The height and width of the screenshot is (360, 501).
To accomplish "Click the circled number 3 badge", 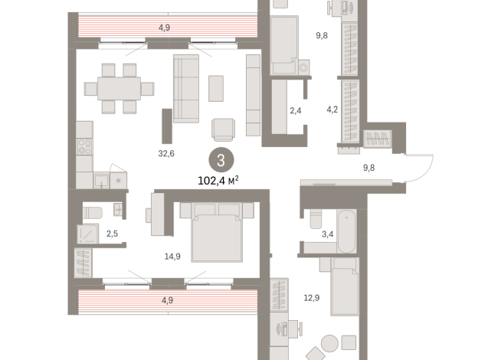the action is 221,160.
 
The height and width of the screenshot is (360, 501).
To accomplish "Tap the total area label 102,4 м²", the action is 218,181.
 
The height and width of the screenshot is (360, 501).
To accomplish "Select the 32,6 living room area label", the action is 166,154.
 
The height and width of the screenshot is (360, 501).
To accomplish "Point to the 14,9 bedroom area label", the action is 172,256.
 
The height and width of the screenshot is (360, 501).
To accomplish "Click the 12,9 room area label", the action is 311,298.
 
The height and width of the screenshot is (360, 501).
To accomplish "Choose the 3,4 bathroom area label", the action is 327,234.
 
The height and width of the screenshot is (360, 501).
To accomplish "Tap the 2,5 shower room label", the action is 112,234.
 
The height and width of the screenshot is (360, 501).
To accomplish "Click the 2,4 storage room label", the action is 295,111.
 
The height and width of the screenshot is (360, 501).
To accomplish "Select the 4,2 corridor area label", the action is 332,110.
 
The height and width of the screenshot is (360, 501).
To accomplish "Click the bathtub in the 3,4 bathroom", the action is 347,231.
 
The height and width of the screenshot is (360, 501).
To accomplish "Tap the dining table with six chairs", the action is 120,89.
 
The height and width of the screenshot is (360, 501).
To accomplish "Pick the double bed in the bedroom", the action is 217,233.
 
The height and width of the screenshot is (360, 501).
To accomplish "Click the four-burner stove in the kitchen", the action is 85,146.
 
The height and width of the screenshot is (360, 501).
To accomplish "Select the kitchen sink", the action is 102,181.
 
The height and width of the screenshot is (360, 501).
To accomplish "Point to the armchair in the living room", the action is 224,129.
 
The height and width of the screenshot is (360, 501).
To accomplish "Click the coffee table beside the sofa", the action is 216,89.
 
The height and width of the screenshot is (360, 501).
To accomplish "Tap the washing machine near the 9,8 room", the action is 304,67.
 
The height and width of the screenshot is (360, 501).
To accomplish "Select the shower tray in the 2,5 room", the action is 87,234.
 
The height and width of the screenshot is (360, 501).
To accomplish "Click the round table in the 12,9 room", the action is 329,343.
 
